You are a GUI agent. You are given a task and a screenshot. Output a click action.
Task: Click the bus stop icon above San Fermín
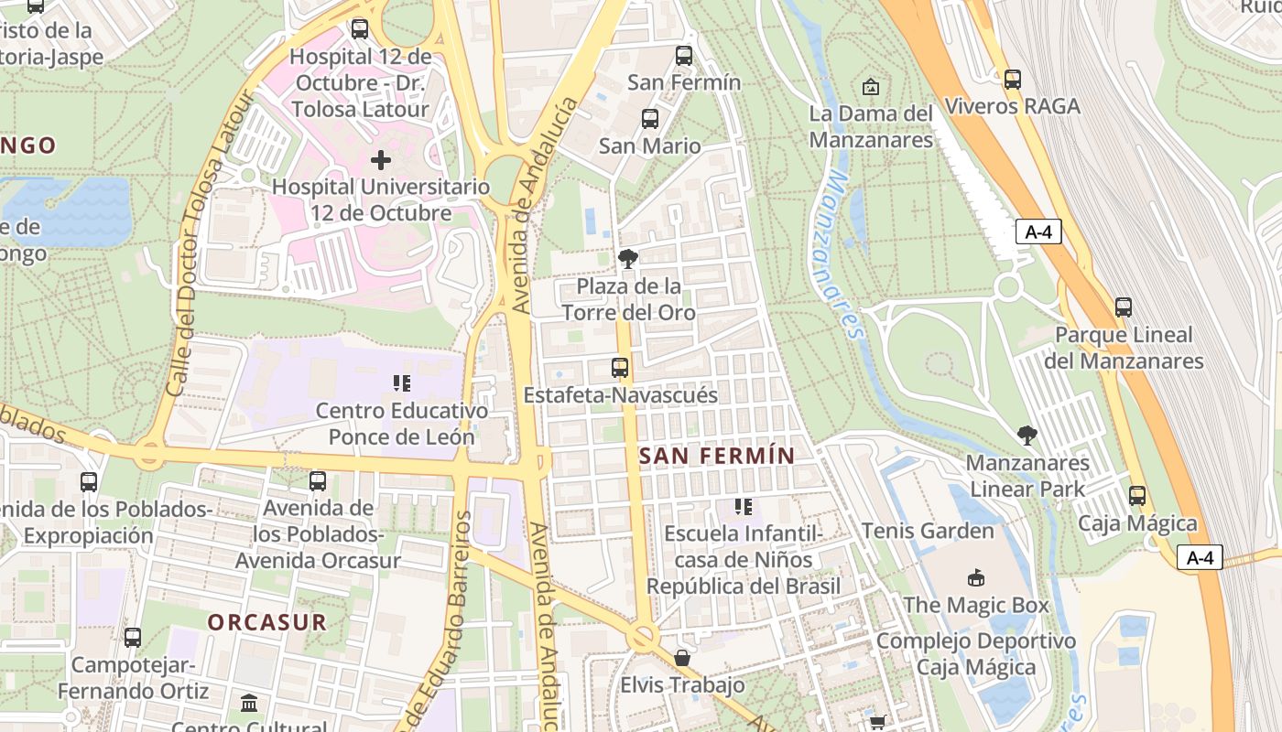(684, 55)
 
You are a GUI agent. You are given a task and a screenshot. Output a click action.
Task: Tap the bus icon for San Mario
(650, 118)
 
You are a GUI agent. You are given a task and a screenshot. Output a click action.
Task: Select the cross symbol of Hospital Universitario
(381, 160)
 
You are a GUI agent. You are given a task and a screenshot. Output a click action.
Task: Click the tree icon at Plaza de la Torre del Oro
(628, 259)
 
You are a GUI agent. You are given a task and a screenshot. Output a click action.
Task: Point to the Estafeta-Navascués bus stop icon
(620, 368)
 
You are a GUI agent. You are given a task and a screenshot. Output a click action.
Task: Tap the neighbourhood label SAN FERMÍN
(717, 455)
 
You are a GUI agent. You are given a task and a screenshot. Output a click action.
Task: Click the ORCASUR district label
(266, 622)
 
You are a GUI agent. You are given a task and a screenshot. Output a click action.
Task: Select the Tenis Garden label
(928, 531)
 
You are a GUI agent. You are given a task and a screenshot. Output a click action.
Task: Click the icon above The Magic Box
(976, 577)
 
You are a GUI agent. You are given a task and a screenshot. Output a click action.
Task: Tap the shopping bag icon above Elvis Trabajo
(681, 657)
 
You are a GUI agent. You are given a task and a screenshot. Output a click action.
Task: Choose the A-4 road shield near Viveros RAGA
(1038, 232)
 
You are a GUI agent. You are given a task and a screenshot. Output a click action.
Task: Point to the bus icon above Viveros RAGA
(1012, 79)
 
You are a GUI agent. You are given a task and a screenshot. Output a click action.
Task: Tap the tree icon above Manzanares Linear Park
(1027, 435)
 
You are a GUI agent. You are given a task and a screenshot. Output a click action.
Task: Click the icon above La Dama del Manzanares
(871, 87)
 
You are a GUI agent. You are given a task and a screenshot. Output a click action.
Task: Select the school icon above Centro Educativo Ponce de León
(401, 382)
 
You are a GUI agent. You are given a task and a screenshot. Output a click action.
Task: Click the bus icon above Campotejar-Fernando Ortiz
(133, 637)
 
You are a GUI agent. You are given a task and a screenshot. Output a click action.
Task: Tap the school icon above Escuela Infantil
(743, 506)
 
